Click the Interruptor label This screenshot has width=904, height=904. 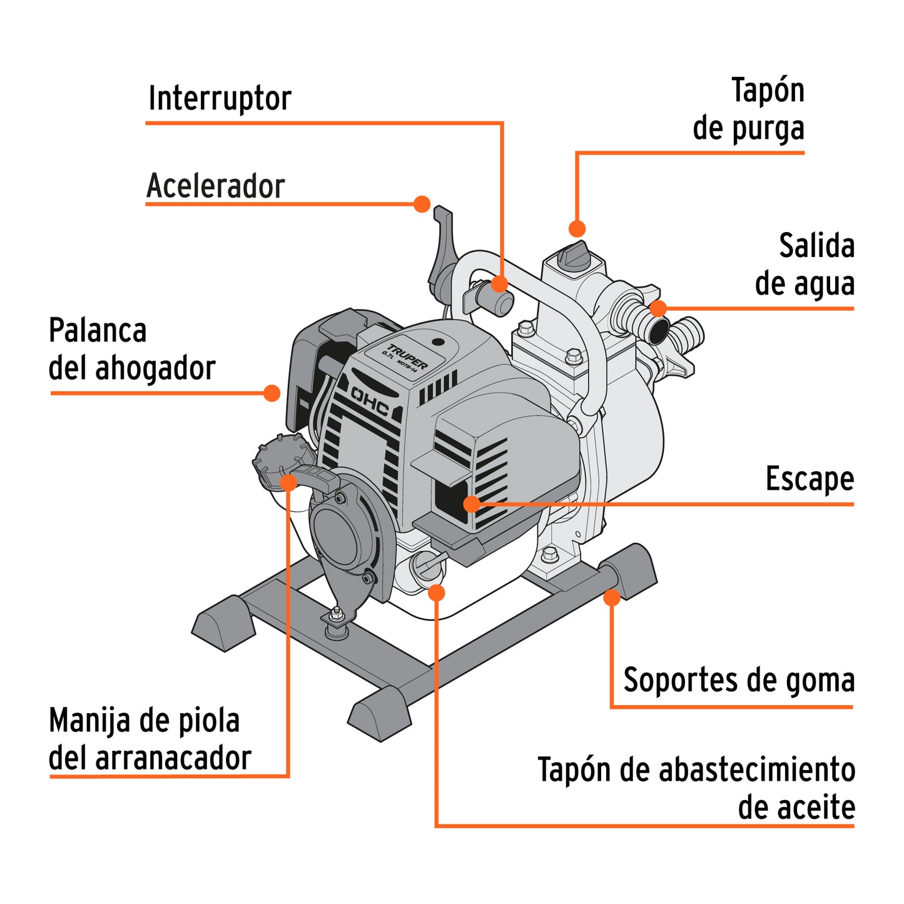(x=220, y=99)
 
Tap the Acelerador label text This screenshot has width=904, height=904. (x=215, y=186)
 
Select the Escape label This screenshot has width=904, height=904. (x=809, y=479)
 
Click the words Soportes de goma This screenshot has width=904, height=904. (x=738, y=680)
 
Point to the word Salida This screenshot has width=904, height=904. (x=816, y=246)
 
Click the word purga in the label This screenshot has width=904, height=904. (x=768, y=129)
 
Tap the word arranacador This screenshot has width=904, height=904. (x=173, y=758)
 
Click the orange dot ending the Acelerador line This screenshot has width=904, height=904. (x=422, y=204)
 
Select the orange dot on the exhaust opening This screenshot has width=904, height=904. (x=472, y=504)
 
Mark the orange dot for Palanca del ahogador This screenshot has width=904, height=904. (x=272, y=393)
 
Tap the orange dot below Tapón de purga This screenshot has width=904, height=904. (x=577, y=228)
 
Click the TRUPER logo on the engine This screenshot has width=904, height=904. (x=407, y=357)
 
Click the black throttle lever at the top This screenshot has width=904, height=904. (x=442, y=244)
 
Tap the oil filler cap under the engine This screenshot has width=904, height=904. (x=425, y=566)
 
